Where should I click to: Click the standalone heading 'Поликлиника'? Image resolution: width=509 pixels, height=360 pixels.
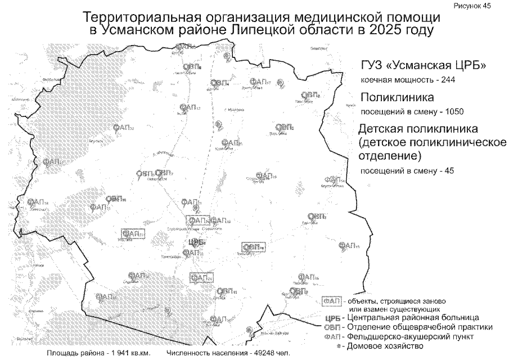click(x=397, y=97)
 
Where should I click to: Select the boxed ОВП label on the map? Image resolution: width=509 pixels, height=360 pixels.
click(x=253, y=247)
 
